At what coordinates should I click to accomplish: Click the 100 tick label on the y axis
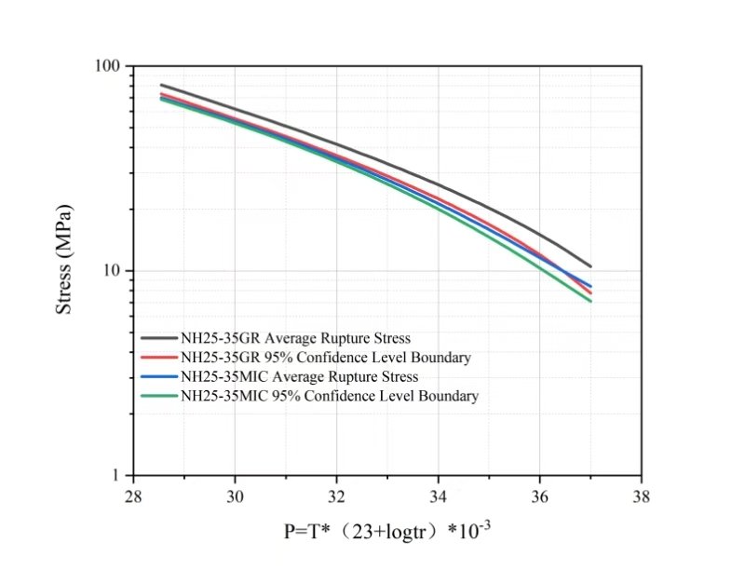[x=111, y=67]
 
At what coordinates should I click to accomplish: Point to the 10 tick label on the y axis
[x=115, y=271]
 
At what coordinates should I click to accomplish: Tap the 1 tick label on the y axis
[x=118, y=476]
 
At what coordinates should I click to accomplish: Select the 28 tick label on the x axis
[x=134, y=496]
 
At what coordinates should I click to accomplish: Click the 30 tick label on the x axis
[x=236, y=496]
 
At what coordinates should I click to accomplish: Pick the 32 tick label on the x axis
[x=337, y=496]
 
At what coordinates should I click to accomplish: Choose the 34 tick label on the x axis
[x=439, y=496]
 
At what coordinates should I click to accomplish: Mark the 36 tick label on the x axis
[x=540, y=496]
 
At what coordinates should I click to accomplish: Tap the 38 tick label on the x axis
[x=641, y=496]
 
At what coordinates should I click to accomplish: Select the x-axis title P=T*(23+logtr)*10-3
[x=387, y=532]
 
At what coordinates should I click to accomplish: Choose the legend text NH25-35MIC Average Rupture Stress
[x=299, y=376]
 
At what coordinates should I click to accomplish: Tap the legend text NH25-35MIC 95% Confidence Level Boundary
[x=329, y=396]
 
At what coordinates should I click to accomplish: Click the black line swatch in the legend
[x=158, y=337]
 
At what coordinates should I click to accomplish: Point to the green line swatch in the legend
[x=158, y=396]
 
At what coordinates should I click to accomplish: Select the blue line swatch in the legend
[x=158, y=376]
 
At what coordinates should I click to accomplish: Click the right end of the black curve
[x=590, y=266]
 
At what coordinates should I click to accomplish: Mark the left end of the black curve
[x=161, y=85]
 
